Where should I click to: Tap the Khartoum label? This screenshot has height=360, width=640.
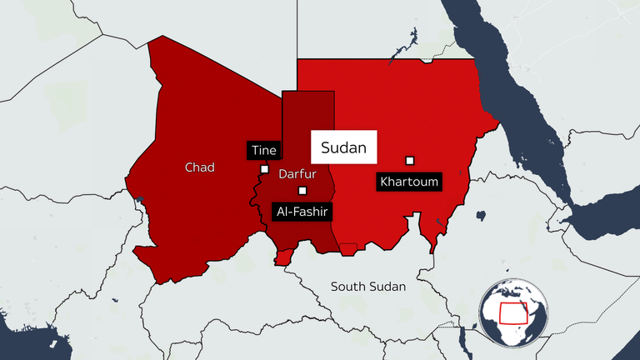(x=408, y=181)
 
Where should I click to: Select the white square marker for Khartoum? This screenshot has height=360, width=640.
(x=410, y=160)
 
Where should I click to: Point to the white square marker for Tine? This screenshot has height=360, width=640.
(x=265, y=168)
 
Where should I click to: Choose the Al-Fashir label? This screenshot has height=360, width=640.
(x=302, y=212)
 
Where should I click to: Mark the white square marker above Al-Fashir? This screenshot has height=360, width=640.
(x=302, y=191)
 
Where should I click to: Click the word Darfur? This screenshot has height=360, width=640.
(x=296, y=175)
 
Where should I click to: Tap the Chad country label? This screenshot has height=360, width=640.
(x=199, y=167)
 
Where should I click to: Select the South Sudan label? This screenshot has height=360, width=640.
(x=367, y=287)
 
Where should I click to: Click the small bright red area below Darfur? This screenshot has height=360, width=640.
(x=284, y=259)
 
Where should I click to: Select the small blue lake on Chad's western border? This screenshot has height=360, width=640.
(x=139, y=199)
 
